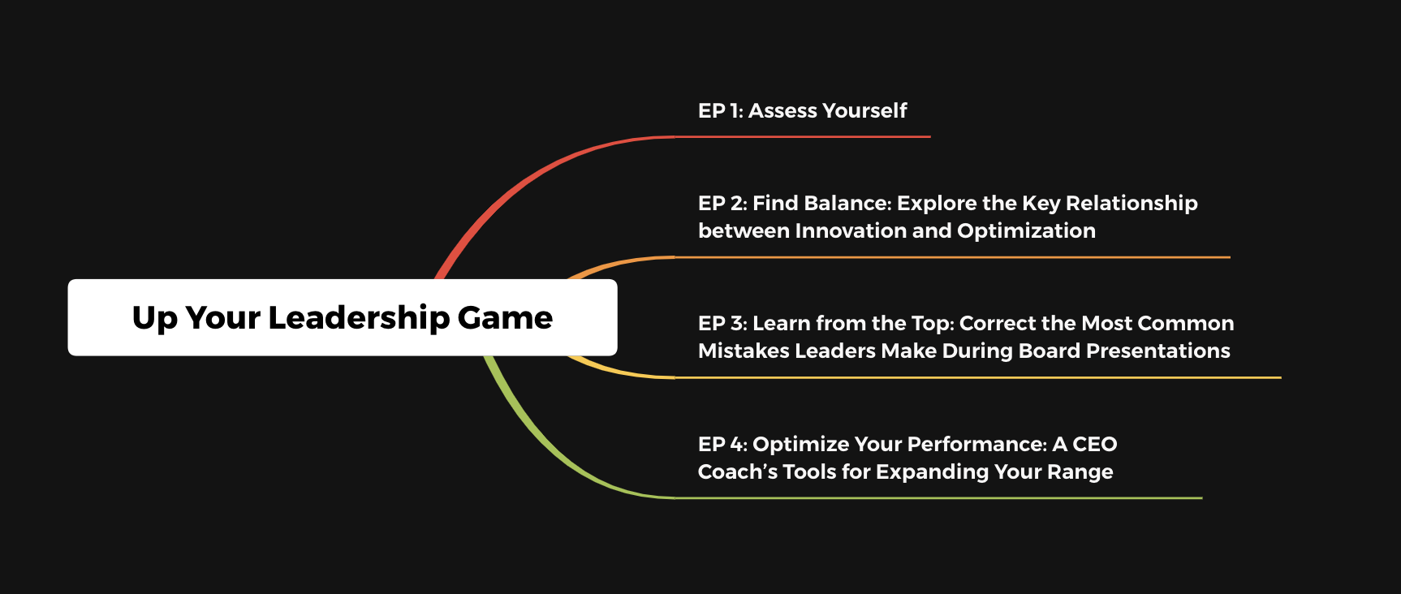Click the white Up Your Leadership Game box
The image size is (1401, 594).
click(343, 317)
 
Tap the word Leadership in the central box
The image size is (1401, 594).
click(358, 318)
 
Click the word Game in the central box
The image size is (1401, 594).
click(505, 317)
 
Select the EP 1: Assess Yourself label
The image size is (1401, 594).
click(802, 110)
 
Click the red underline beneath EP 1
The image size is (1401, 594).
click(803, 137)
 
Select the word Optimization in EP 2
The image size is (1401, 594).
click(1027, 231)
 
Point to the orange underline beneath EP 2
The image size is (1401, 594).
click(953, 257)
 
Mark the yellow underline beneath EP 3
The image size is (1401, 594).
click(978, 377)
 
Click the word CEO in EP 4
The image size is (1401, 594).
click(1095, 444)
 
